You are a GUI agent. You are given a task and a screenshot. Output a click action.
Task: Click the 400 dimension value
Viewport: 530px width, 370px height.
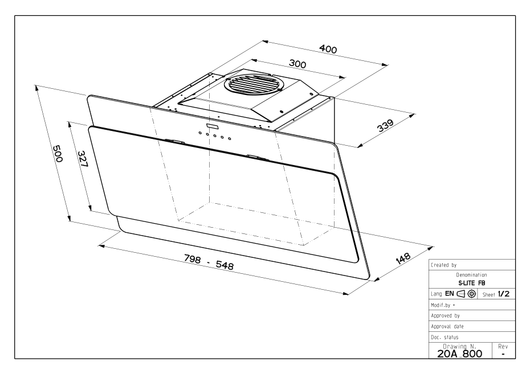click(328, 50)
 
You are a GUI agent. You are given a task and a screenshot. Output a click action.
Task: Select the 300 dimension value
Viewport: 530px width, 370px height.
click(297, 64)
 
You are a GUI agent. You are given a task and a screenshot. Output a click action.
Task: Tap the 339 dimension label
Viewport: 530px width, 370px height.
click(385, 125)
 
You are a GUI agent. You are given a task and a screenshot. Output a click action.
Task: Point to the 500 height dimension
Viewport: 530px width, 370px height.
click(57, 154)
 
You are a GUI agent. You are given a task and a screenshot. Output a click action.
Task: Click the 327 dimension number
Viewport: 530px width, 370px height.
click(83, 159)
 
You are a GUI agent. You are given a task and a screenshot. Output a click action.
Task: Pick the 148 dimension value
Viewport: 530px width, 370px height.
click(403, 258)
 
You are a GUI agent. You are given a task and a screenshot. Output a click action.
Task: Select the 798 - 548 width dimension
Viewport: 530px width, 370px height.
click(209, 262)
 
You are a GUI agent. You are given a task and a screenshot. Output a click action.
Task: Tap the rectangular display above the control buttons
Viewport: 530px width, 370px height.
click(213, 126)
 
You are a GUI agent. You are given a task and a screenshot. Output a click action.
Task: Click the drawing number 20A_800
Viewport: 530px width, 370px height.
click(460, 354)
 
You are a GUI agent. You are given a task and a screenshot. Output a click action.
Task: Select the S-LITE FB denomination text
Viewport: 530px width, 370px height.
click(471, 283)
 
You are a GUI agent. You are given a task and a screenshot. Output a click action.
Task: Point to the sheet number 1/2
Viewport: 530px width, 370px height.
click(504, 294)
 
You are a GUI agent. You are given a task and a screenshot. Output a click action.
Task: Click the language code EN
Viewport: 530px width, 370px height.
click(450, 294)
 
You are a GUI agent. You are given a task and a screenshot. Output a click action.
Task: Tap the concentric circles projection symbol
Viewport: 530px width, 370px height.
click(471, 294)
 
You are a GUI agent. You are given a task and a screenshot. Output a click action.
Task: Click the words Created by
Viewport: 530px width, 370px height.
click(444, 265)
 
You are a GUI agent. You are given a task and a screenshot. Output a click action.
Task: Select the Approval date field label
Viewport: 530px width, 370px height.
click(447, 326)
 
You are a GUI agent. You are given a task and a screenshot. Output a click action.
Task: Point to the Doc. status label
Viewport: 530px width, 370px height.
click(445, 337)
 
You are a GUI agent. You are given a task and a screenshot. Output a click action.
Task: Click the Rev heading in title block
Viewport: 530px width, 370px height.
click(503, 346)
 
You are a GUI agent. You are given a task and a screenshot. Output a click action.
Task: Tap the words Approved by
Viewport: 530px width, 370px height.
click(445, 316)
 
